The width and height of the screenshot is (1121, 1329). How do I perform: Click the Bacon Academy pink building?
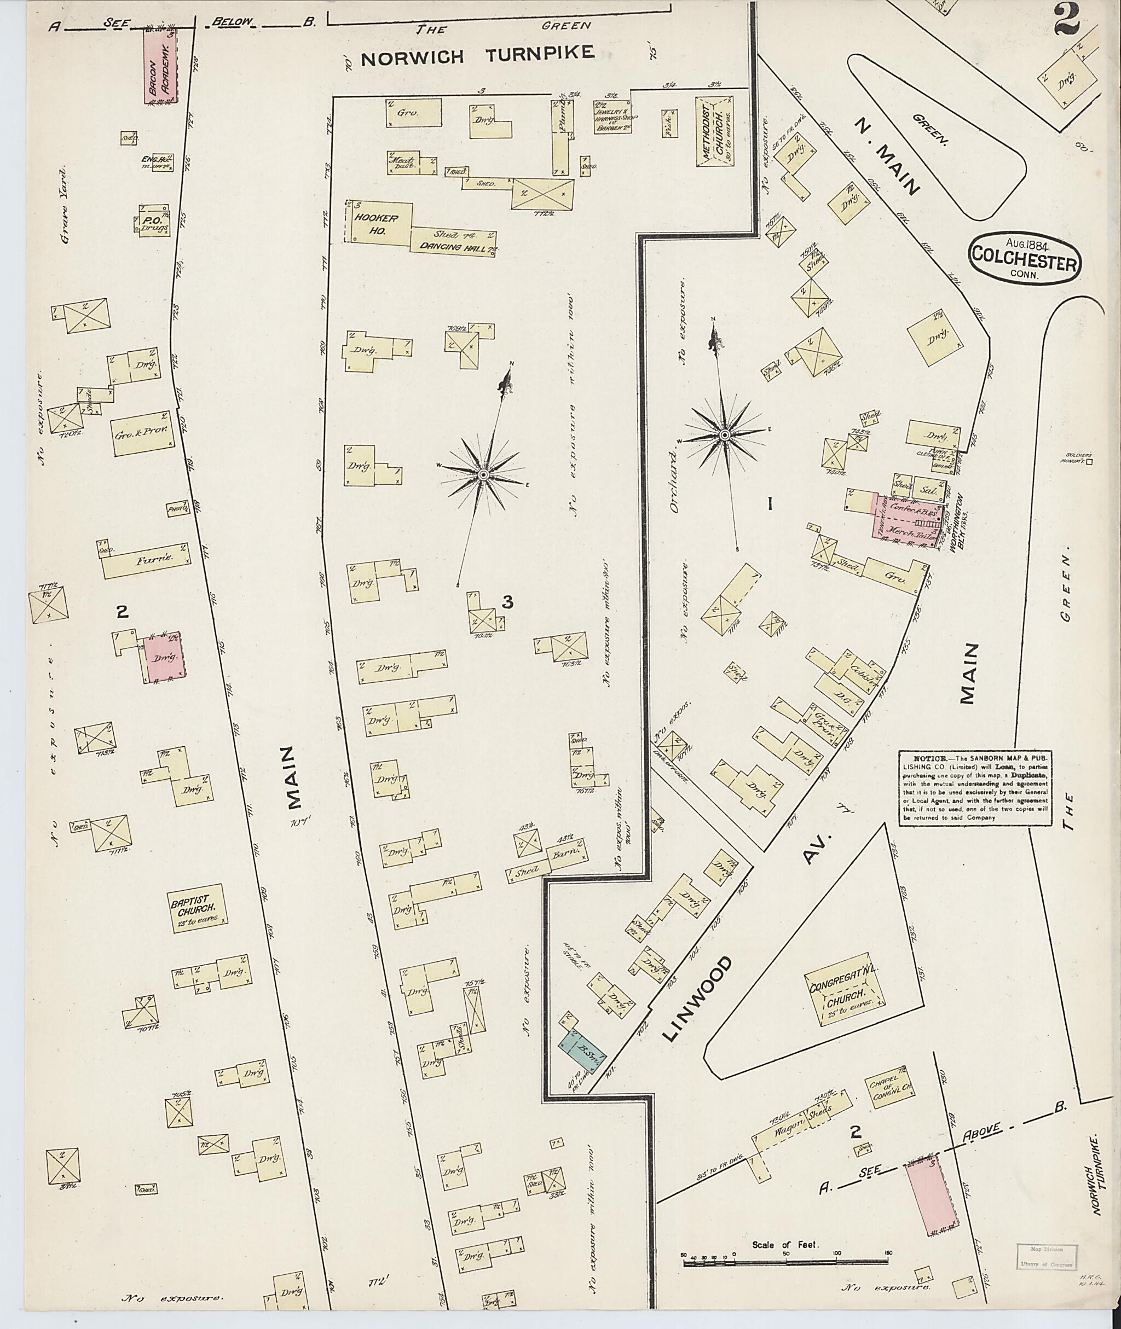(x=159, y=65)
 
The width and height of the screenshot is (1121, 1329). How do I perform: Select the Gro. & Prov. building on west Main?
(x=142, y=433)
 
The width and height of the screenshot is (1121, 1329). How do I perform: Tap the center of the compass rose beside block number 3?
(x=483, y=475)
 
